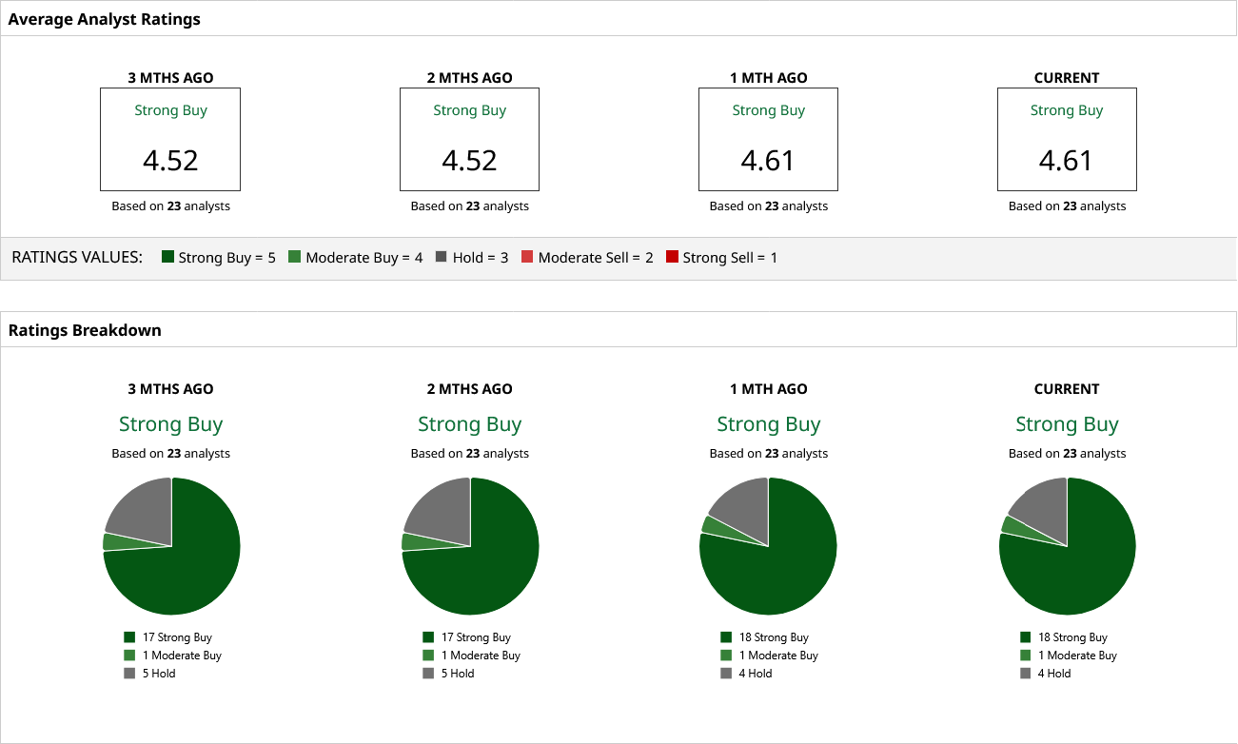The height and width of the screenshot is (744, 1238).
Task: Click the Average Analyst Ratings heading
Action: pos(105,19)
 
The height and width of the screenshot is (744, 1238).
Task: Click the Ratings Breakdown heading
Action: pos(85,331)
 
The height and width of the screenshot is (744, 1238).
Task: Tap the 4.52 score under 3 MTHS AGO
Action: pos(170,160)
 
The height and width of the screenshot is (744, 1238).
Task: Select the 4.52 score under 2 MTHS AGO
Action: pos(469,160)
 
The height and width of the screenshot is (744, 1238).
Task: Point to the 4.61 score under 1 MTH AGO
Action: pos(768,160)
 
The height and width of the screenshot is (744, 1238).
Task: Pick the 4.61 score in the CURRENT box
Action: pos(1066,160)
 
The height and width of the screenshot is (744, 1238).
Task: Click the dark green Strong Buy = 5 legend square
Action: pos(168,257)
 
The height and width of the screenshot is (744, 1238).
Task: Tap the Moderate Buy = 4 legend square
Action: pos(295,257)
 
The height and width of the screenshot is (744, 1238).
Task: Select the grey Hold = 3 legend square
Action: pos(442,257)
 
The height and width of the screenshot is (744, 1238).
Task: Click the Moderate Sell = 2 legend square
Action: pos(527,257)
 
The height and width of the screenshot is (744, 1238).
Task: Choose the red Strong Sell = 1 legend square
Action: pos(672,257)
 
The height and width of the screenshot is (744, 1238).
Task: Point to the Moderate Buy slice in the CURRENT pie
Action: pos(1011,524)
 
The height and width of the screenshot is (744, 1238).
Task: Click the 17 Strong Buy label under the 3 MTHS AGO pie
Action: pos(177,637)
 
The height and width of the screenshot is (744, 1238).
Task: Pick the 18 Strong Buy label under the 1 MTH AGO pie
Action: pos(774,637)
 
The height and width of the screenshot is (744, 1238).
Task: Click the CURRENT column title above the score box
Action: pos(1066,78)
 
